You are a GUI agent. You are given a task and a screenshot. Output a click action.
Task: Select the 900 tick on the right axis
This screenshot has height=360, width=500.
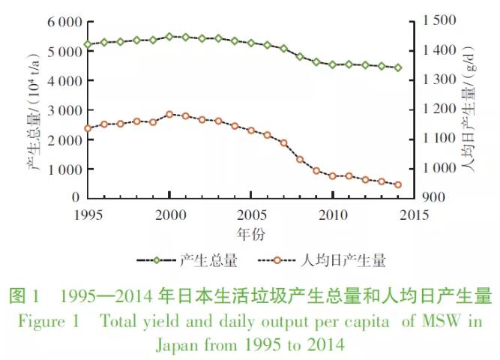pyautogui.click(x=433, y=197)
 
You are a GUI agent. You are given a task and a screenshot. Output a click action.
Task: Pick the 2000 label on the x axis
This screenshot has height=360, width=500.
pyautogui.click(x=169, y=215)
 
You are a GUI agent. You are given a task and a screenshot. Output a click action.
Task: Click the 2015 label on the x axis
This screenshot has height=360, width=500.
pyautogui.click(x=414, y=215)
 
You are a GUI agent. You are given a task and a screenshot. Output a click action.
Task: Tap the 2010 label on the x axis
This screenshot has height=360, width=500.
pyautogui.click(x=332, y=215)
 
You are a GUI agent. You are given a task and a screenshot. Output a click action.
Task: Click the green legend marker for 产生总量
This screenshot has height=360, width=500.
pyautogui.click(x=157, y=261)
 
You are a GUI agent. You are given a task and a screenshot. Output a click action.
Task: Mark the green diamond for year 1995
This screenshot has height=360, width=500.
pyautogui.click(x=88, y=44)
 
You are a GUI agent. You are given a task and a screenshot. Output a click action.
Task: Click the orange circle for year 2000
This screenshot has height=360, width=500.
pyautogui.click(x=169, y=115)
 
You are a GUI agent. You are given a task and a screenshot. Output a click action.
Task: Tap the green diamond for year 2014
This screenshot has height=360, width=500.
pyautogui.click(x=398, y=67)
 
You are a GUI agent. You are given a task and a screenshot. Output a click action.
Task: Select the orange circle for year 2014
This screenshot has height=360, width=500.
pyautogui.click(x=398, y=184)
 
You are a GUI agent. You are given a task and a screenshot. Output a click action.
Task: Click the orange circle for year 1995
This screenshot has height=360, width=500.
pyautogui.click(x=88, y=128)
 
